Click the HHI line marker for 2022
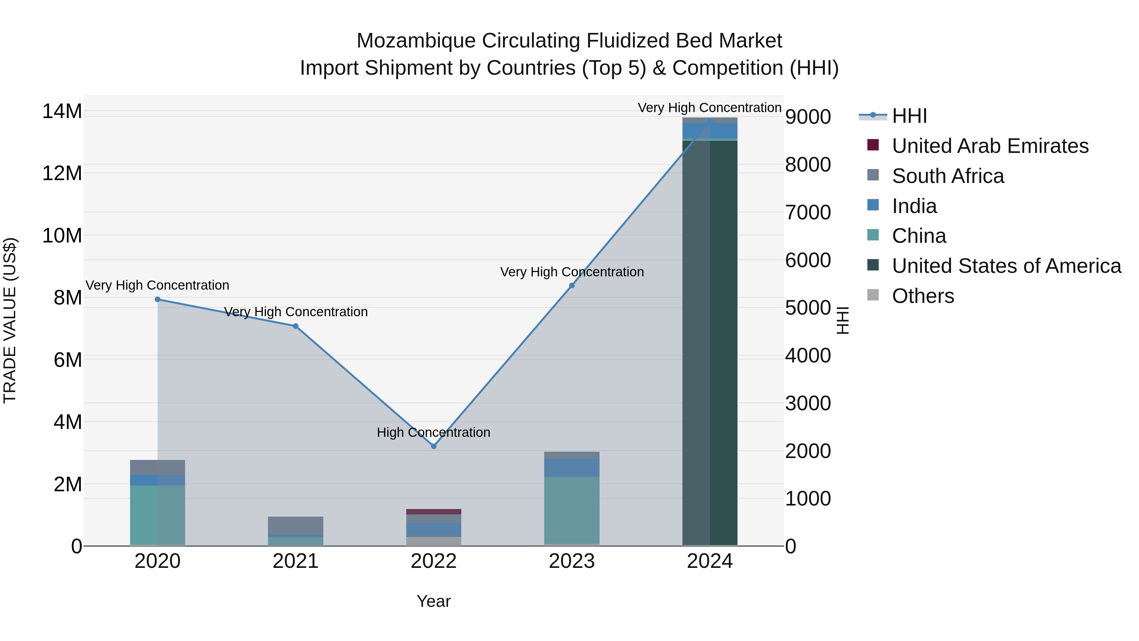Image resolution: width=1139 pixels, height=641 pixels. pyautogui.click(x=433, y=446)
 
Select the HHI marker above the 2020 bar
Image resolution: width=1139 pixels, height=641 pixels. pyautogui.click(x=158, y=299)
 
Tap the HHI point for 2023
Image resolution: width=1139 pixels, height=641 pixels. pyautogui.click(x=571, y=286)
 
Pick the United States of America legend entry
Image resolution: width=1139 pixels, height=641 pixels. pyautogui.click(x=1006, y=266)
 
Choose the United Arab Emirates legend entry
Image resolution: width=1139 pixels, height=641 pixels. pyautogui.click(x=990, y=146)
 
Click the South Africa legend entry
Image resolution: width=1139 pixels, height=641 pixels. pyautogui.click(x=948, y=176)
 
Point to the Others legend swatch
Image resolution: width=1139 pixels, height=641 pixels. pyautogui.click(x=873, y=295)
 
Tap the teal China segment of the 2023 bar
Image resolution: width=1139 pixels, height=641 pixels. pyautogui.click(x=571, y=509)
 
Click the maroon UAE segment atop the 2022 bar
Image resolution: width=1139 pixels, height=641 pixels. pyautogui.click(x=433, y=512)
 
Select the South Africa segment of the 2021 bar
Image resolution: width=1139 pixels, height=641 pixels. pyautogui.click(x=296, y=525)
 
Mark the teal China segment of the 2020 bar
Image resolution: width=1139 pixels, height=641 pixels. pyautogui.click(x=158, y=515)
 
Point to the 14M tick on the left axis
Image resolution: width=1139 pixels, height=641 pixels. pyautogui.click(x=62, y=111)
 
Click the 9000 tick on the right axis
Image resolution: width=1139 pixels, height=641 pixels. pyautogui.click(x=808, y=117)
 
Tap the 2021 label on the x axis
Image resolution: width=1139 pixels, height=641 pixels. pyautogui.click(x=296, y=561)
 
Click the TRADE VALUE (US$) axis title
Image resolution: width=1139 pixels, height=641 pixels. pyautogui.click(x=10, y=320)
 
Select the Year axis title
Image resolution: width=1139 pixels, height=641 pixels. pyautogui.click(x=433, y=601)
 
